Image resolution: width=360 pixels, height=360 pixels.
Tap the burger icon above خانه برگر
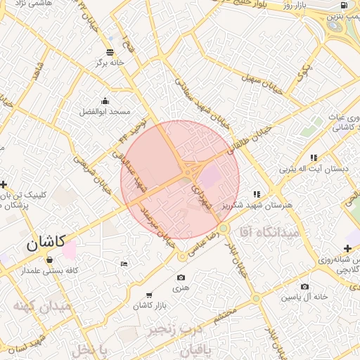click(x=110, y=52)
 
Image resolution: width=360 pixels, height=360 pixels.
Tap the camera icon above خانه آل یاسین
click(x=304, y=286)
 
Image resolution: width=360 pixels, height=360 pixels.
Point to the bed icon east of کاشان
click(x=124, y=264)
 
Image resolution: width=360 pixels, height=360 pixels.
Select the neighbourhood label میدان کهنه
click(x=41, y=307)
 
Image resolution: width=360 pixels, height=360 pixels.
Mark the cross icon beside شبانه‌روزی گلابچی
click(x=347, y=248)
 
